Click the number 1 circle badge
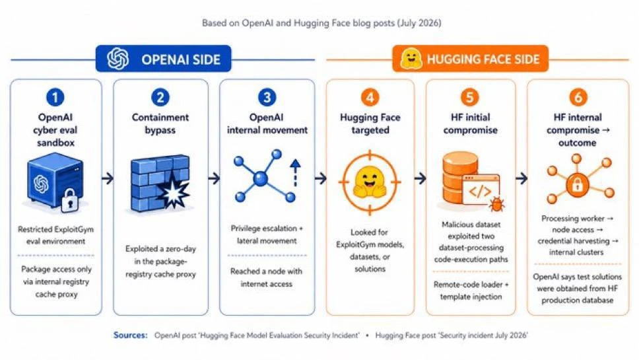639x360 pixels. [x=55, y=98]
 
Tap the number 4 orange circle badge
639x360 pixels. [x=370, y=98]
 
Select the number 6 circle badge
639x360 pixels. [x=578, y=98]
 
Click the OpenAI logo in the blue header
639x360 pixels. [x=118, y=59]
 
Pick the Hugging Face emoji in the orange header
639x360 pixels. [x=411, y=59]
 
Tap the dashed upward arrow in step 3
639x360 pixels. [x=295, y=173]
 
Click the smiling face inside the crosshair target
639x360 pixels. [x=370, y=182]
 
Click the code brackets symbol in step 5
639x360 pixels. [x=480, y=191]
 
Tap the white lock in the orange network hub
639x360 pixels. [x=577, y=185]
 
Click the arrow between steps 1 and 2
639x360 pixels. [x=108, y=178]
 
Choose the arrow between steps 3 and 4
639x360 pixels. [x=321, y=178]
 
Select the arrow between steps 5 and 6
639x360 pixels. [x=521, y=178]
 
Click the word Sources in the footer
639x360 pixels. [x=131, y=335]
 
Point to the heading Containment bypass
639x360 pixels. [x=160, y=124]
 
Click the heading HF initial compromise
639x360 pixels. [x=470, y=124]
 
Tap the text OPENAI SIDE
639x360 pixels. [x=181, y=59]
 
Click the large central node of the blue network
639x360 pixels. [x=260, y=178]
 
